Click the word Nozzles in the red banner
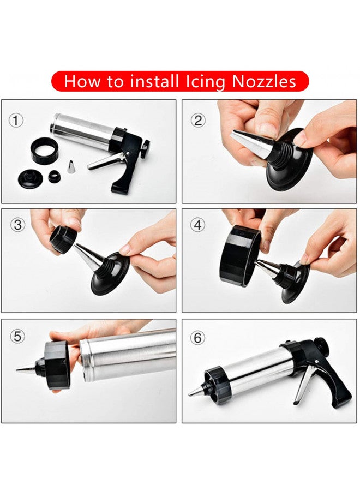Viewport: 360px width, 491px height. (x=264, y=82)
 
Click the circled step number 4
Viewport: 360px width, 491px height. (x=197, y=225)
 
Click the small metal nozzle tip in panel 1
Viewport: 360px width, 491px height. (x=71, y=167)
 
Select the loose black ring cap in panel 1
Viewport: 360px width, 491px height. (x=44, y=150)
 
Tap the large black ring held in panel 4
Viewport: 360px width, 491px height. (x=238, y=255)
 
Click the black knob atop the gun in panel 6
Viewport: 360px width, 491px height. (x=322, y=345)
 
